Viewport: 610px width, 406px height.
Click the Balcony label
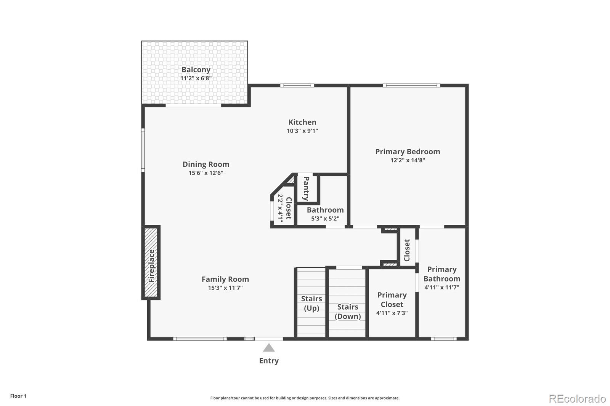(x=196, y=70)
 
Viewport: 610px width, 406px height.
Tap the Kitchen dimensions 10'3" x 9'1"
(x=302, y=131)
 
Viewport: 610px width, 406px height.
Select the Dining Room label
(x=206, y=165)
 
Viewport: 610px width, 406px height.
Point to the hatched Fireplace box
(x=151, y=263)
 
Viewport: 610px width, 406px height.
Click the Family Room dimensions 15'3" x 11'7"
(x=225, y=288)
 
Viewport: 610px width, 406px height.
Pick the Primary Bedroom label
(x=408, y=152)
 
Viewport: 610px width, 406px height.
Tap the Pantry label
(x=306, y=189)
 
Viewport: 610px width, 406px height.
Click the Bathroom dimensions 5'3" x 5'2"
(x=325, y=219)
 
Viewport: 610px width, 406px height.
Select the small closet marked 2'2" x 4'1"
(x=284, y=208)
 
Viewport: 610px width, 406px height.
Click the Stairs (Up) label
(x=311, y=303)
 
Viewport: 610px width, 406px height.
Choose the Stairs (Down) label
(x=347, y=312)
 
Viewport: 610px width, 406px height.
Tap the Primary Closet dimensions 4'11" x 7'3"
(x=392, y=313)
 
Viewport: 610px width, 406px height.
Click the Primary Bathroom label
(x=441, y=274)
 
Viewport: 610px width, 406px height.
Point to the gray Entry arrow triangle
(x=269, y=348)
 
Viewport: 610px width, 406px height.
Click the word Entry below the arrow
(x=269, y=361)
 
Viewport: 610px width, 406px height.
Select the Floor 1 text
(x=18, y=396)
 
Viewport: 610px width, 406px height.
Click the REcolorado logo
(x=577, y=399)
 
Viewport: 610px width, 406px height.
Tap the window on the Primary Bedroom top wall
(x=411, y=85)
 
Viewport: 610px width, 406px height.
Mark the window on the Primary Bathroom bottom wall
(x=443, y=339)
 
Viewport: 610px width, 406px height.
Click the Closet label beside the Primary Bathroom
(x=407, y=250)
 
